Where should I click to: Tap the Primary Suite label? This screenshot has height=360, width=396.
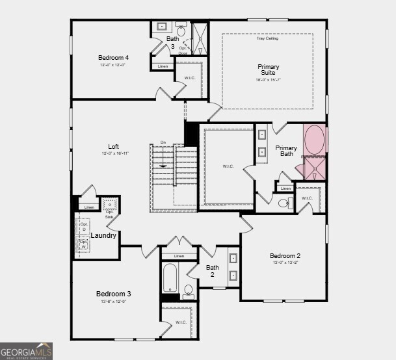point(268,70)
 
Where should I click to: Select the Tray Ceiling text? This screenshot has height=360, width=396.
point(267,39)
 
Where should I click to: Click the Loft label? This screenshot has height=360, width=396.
point(114,146)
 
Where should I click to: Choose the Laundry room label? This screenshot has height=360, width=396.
point(103,235)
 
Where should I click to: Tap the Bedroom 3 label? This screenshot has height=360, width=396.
point(114,294)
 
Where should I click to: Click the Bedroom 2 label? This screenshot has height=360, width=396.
point(285,255)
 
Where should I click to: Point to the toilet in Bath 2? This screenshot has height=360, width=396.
point(189,290)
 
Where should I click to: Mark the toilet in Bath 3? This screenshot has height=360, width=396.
point(181,30)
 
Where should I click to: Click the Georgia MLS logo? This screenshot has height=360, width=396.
point(26,351)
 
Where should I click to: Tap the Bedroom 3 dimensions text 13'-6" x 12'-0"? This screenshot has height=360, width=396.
point(114,302)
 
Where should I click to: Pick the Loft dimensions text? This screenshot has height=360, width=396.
point(114,154)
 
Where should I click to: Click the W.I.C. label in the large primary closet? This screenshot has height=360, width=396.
point(228,166)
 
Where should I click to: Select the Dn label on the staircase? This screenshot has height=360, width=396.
point(163,142)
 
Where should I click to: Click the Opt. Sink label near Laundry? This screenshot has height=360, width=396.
point(109,213)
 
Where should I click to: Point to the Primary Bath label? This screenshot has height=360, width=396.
point(286,151)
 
